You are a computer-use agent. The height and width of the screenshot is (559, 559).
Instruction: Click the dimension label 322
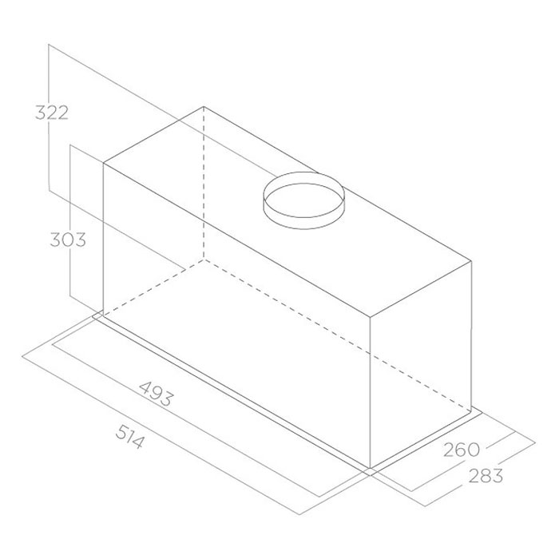(52, 113)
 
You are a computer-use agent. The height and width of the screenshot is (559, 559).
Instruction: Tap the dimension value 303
(68, 240)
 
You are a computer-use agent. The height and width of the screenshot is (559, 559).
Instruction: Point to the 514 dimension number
(130, 436)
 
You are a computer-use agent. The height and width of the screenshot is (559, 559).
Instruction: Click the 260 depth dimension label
(462, 450)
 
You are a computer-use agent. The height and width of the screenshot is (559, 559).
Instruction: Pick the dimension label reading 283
(486, 476)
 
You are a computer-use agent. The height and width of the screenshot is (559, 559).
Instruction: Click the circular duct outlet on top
(303, 200)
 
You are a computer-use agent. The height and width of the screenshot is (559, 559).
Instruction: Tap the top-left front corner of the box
(103, 163)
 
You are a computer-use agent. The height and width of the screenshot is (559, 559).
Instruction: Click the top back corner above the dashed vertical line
(204, 106)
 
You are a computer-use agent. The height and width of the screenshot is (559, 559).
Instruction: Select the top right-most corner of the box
(472, 261)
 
